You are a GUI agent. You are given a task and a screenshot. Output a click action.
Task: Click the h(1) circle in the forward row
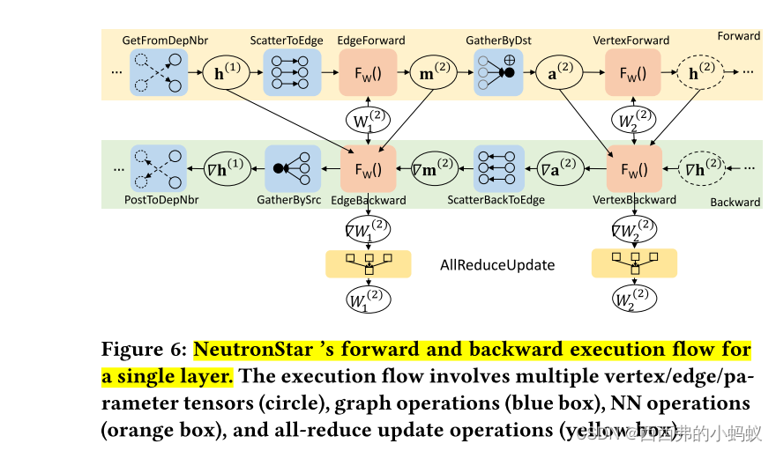click(x=228, y=74)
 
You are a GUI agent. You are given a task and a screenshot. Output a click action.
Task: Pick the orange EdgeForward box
click(x=368, y=74)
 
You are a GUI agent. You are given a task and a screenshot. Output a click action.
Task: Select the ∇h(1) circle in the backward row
click(x=228, y=169)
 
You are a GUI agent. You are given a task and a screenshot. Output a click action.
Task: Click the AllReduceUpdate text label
click(x=498, y=264)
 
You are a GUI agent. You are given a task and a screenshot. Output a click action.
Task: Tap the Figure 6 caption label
click(x=144, y=350)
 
